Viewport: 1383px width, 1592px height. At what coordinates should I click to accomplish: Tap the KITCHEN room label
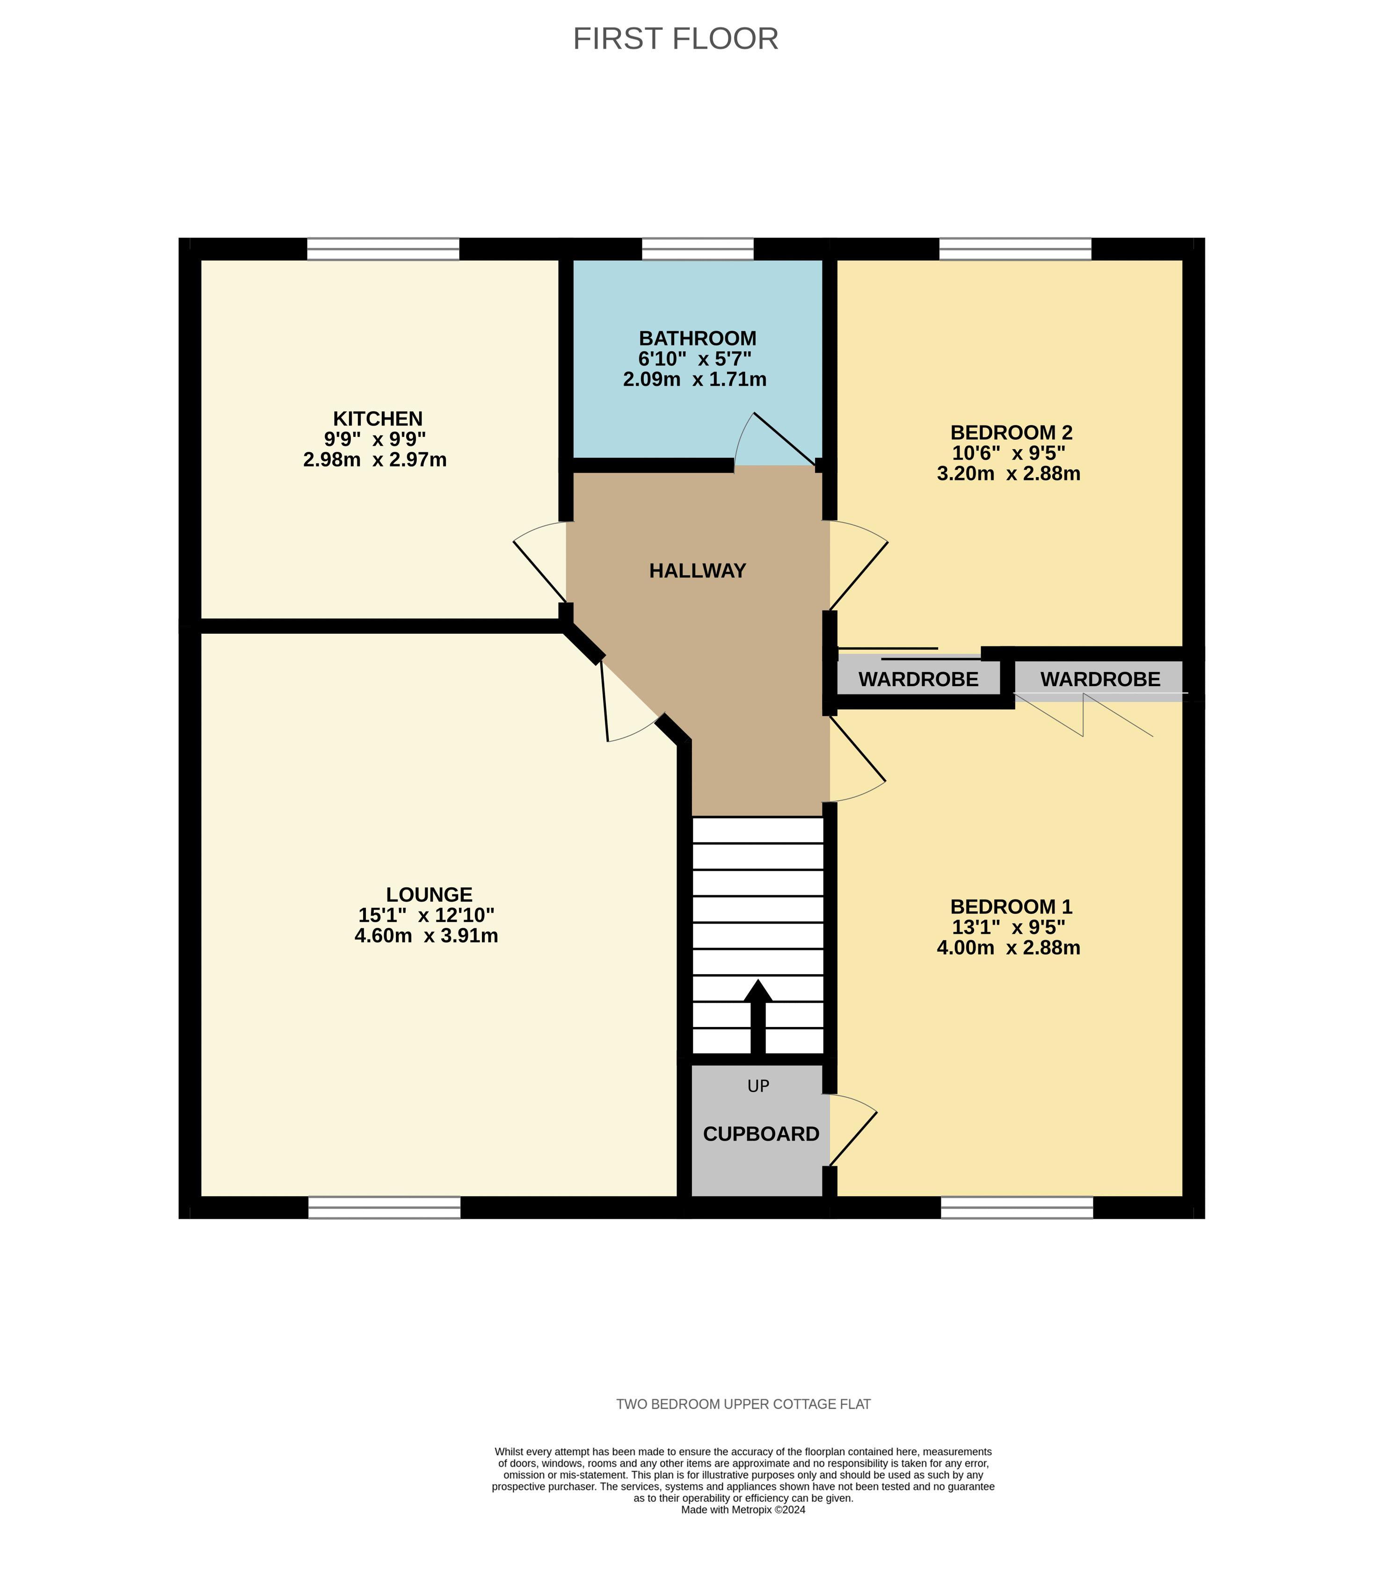[x=378, y=419]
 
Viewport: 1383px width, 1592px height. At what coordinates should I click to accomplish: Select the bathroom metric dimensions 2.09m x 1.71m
[x=695, y=379]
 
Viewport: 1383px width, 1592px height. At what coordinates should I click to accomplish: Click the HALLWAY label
[x=697, y=571]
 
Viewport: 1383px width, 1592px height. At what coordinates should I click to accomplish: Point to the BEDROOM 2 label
[x=1011, y=433]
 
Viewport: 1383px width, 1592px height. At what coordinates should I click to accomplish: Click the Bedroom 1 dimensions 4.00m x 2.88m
[x=1008, y=948]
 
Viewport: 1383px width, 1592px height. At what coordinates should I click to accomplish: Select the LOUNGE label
[x=429, y=895]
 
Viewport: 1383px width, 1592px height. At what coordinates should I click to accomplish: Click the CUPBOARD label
[x=761, y=1134]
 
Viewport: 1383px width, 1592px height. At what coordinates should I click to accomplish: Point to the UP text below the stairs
[x=758, y=1086]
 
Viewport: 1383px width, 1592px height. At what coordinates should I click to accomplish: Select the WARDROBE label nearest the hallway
[x=918, y=680]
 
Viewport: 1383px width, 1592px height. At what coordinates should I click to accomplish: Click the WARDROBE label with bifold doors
[x=1100, y=680]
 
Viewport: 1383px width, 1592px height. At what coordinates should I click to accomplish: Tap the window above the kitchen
[x=383, y=249]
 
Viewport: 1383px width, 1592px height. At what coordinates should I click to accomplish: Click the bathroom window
[x=697, y=249]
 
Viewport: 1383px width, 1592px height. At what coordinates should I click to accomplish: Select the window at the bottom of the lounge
[x=384, y=1207]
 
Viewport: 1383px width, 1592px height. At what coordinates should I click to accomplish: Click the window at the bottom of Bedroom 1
[x=1016, y=1207]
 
